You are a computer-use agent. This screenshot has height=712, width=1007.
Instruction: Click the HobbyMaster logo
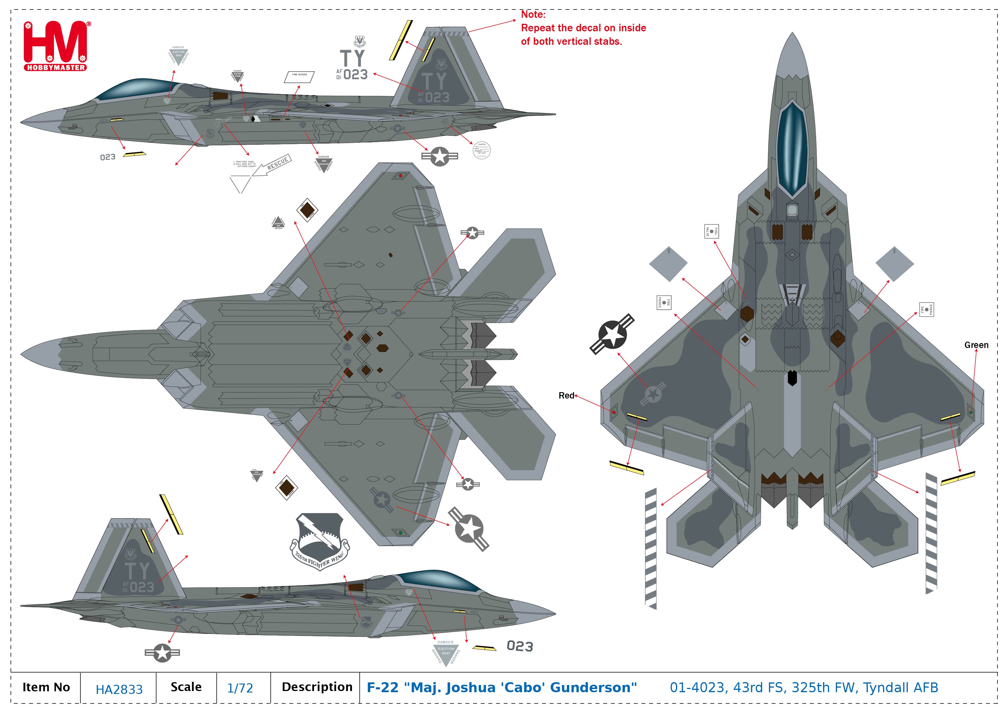pos(56,46)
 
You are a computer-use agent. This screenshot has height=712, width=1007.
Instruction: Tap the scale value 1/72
pos(240,688)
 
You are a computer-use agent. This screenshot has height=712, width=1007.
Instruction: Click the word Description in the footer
pos(317,687)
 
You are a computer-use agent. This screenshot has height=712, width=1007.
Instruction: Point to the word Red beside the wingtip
pos(566,396)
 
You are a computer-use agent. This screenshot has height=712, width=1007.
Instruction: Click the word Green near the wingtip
pos(976,345)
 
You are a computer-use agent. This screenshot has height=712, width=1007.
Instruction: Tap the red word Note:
pos(533,14)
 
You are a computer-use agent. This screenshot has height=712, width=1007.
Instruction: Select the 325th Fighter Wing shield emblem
pos(320,541)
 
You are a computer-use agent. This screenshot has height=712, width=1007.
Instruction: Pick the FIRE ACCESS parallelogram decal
pos(300,77)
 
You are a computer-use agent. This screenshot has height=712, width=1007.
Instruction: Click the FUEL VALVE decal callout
pos(711,231)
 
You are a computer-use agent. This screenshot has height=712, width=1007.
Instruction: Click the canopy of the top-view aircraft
pos(792,147)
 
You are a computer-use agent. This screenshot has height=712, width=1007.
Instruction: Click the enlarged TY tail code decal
pos(352,58)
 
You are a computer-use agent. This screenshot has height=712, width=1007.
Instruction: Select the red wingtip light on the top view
pos(613,412)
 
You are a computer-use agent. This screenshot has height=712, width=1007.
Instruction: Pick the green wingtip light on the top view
pos(971,412)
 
